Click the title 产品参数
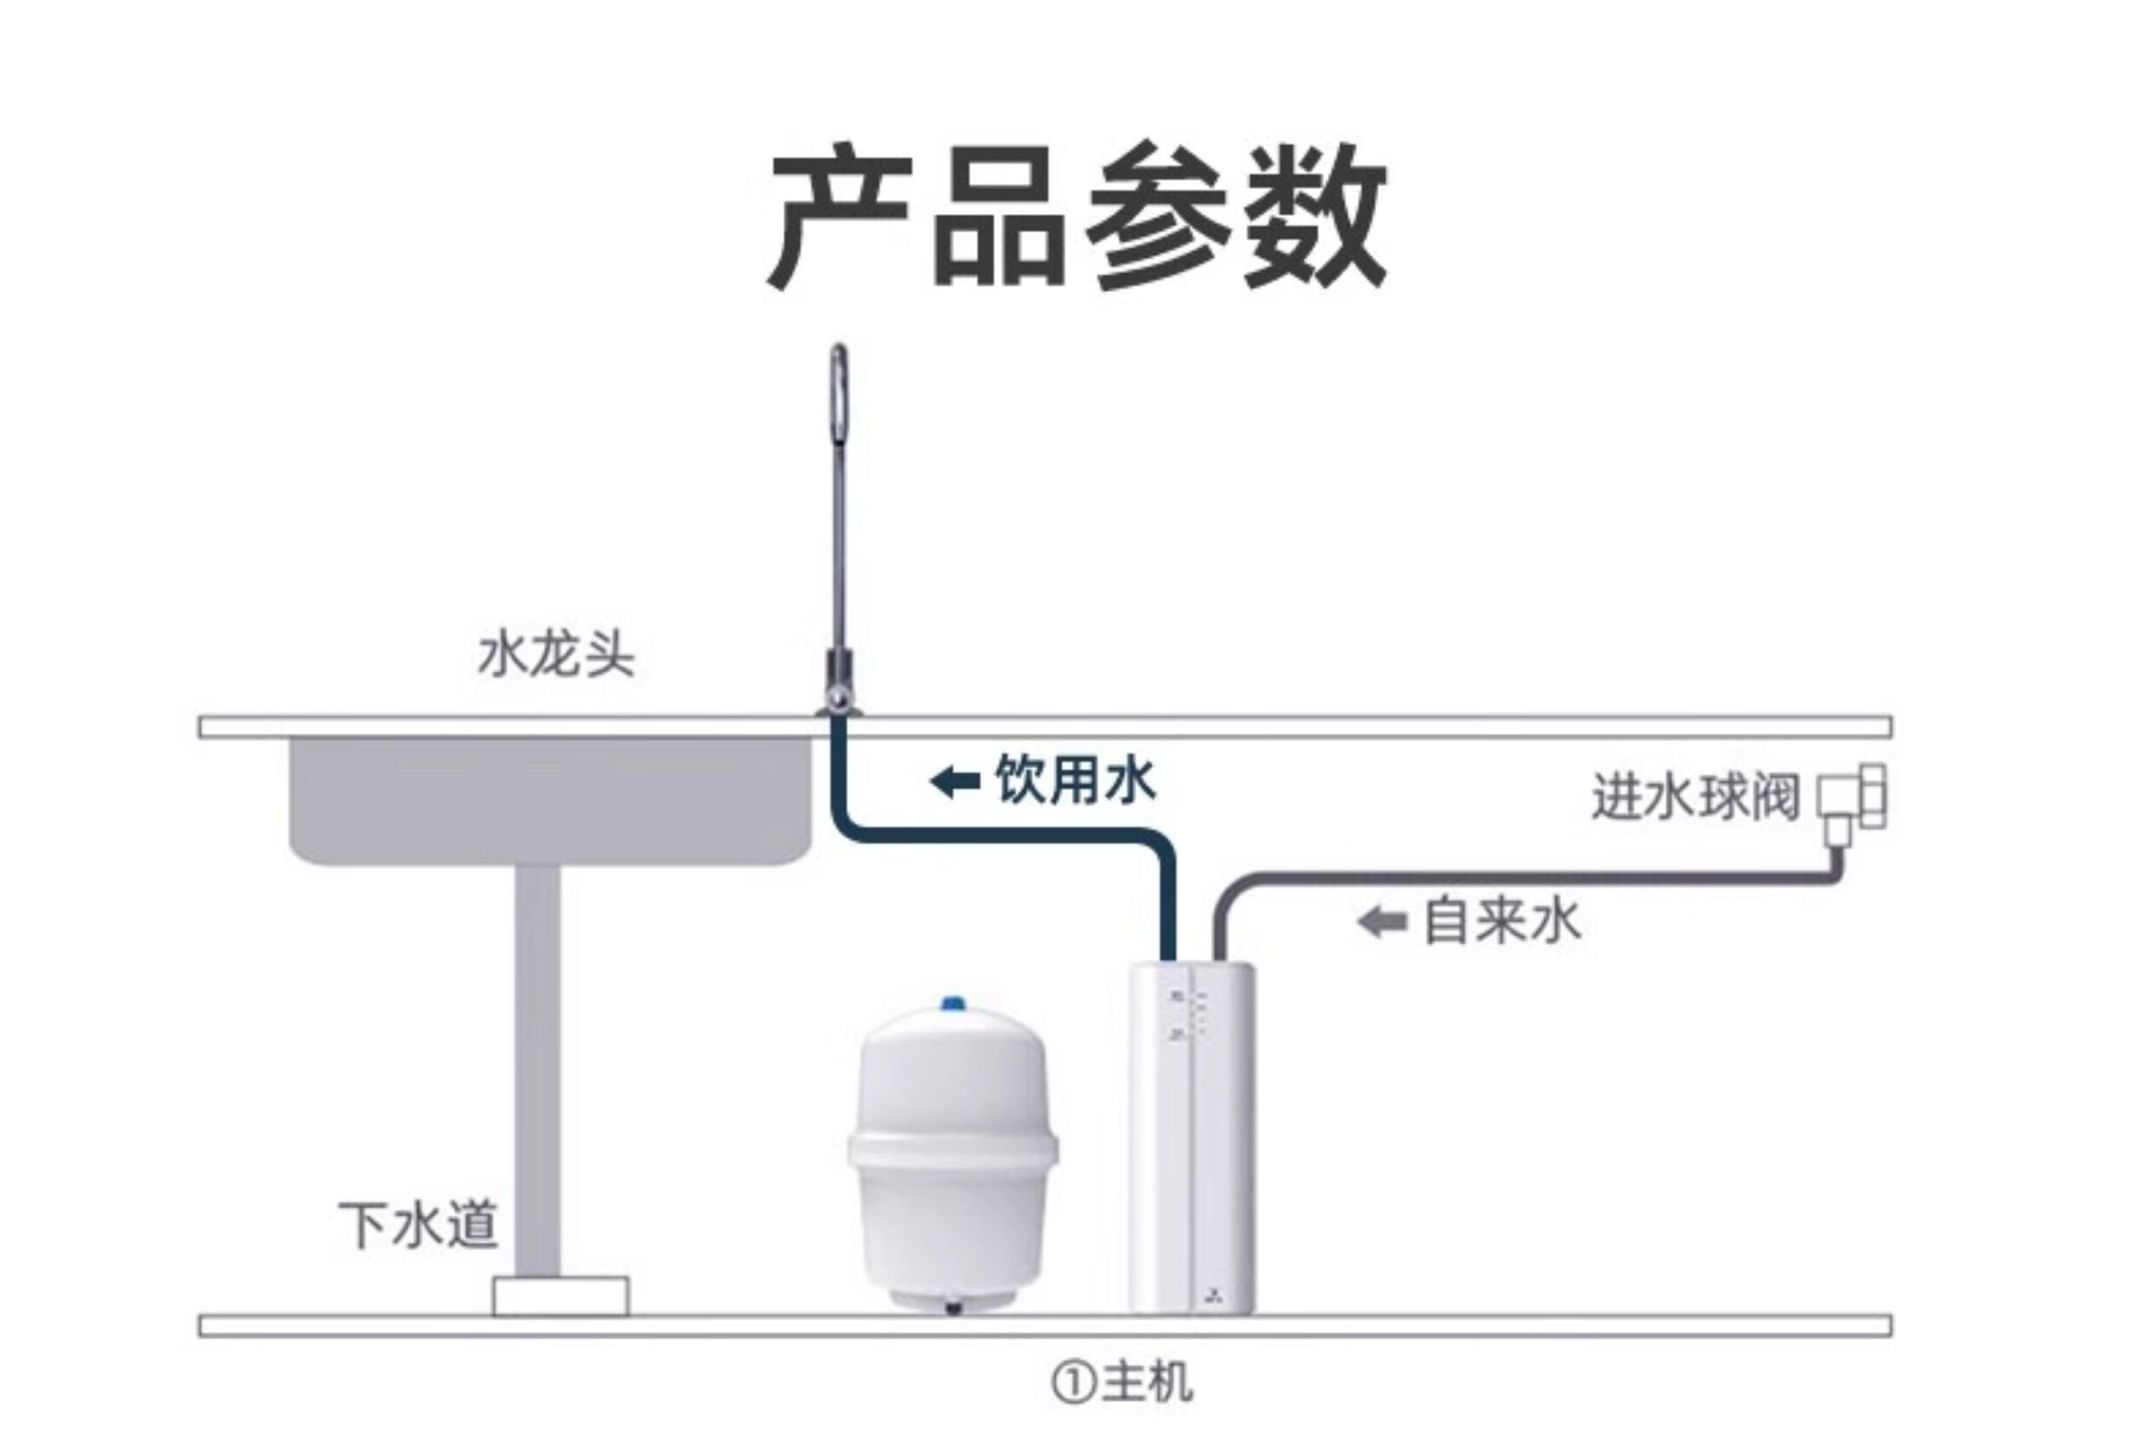point(1077,218)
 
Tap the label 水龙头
point(556,656)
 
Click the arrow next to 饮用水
point(955,782)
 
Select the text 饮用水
point(1075,781)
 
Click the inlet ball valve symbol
point(1850,805)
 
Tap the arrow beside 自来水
point(1383,922)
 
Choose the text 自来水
point(1502,922)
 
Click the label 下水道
point(418,1225)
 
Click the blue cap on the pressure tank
point(951,1003)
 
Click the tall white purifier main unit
point(1192,1137)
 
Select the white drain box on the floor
point(561,1296)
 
